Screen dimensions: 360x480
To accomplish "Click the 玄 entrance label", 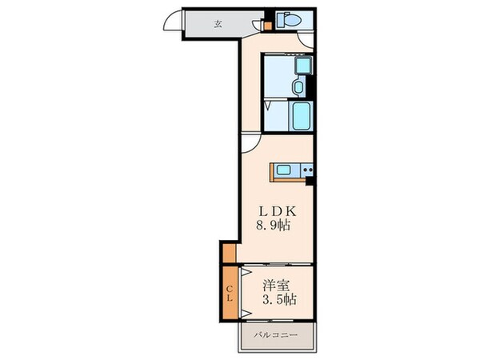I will [217, 24].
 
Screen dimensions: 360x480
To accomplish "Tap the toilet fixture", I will [286, 19].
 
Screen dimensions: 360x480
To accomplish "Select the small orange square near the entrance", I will [267, 26].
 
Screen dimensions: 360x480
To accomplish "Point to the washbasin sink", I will [299, 86].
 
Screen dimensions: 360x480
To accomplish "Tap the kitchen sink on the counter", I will [284, 169].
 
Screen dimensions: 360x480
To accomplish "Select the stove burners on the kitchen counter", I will [307, 169].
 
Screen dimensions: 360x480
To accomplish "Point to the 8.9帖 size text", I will [274, 226].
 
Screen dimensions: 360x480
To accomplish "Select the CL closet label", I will [229, 293].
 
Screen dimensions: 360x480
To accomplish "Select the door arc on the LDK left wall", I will [250, 142].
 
